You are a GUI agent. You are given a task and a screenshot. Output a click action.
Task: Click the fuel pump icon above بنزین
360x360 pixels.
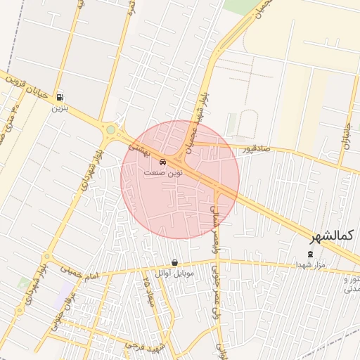[60, 98]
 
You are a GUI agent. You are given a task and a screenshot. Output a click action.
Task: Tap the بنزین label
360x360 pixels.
[60, 109]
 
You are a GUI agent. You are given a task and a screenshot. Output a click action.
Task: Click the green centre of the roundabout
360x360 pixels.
[110, 129]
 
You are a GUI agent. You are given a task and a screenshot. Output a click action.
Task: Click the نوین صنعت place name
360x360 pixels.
[163, 172]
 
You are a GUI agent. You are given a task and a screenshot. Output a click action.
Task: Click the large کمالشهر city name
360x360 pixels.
[330, 235]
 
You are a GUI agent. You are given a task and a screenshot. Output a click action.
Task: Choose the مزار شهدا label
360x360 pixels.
[310, 264]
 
